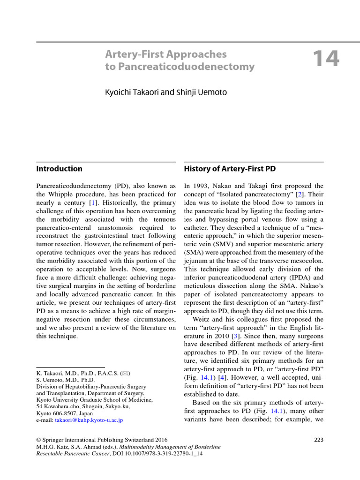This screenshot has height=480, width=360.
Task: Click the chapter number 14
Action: coord(325,60)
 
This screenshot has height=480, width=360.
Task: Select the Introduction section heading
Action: coord(59,169)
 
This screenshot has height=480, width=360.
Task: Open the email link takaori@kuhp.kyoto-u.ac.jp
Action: coord(89,420)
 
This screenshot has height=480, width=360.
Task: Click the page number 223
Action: coord(318,440)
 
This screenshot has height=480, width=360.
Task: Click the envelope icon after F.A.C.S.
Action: coord(125,373)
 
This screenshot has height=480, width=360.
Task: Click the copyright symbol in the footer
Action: coord(39,440)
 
